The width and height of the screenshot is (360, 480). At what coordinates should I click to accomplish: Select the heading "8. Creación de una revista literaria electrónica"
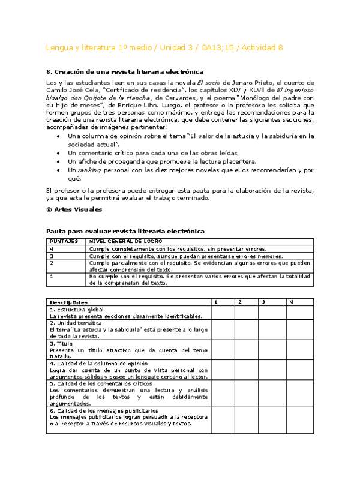click(124, 71)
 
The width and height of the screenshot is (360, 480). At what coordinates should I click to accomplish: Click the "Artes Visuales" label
click(69, 209)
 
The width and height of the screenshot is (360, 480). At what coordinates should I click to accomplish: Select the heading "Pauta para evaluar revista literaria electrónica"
click(125, 231)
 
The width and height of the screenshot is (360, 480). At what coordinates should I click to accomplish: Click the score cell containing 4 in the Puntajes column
click(52, 248)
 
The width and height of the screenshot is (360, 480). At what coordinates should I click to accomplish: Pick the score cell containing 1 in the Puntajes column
click(52, 277)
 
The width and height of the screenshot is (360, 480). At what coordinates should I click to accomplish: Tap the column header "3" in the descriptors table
click(263, 302)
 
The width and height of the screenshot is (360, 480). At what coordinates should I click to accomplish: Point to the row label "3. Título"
click(61, 343)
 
